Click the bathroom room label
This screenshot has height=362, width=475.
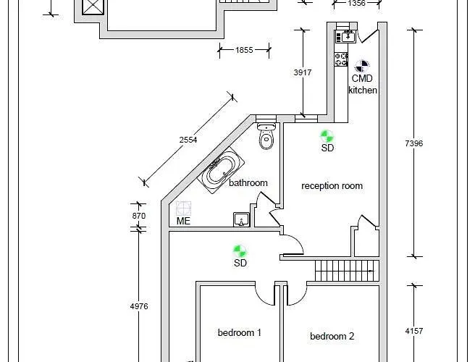pyautogui.click(x=248, y=183)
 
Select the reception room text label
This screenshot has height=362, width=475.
pyautogui.click(x=332, y=186)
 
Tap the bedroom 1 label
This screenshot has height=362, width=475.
pyautogui.click(x=240, y=333)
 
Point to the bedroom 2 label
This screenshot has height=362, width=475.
pyautogui.click(x=332, y=336)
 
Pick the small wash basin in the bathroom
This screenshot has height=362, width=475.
pyautogui.click(x=241, y=219)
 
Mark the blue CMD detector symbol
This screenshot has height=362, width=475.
pyautogui.click(x=362, y=65)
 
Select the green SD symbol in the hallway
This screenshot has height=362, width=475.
pyautogui.click(x=240, y=251)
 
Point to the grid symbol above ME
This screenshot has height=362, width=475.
pyautogui.click(x=183, y=209)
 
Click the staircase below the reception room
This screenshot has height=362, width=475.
pyautogui.click(x=347, y=270)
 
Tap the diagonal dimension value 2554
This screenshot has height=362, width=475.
pyautogui.click(x=189, y=140)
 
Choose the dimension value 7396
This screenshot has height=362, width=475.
pyautogui.click(x=413, y=144)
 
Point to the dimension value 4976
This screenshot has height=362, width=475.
pyautogui.click(x=138, y=306)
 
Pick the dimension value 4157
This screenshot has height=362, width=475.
pyautogui.click(x=413, y=331)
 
